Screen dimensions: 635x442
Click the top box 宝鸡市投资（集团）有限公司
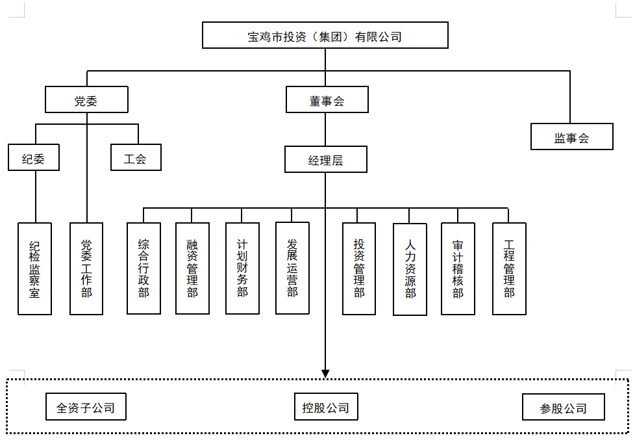click(325, 35)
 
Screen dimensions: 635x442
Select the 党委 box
click(86, 99)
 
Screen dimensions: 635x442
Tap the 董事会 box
click(327, 99)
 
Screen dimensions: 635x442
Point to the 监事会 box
click(572, 136)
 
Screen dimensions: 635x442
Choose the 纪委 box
click(34, 157)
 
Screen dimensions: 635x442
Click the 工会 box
click(136, 157)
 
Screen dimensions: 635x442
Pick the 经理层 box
click(326, 159)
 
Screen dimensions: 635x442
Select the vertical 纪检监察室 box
click(35, 268)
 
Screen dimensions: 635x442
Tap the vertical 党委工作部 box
click(86, 268)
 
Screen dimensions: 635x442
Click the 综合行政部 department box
click(143, 268)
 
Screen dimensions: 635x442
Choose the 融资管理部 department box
click(192, 268)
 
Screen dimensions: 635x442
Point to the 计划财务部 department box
click(243, 268)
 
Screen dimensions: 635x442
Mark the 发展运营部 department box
click(292, 268)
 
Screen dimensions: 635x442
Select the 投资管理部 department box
click(359, 268)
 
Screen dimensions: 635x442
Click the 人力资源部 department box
click(410, 269)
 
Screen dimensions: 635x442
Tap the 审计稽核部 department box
click(458, 268)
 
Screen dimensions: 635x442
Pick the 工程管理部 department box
click(510, 268)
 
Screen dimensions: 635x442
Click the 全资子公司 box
click(86, 407)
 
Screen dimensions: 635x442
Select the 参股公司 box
click(564, 407)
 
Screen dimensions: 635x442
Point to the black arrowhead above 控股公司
click(325, 374)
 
